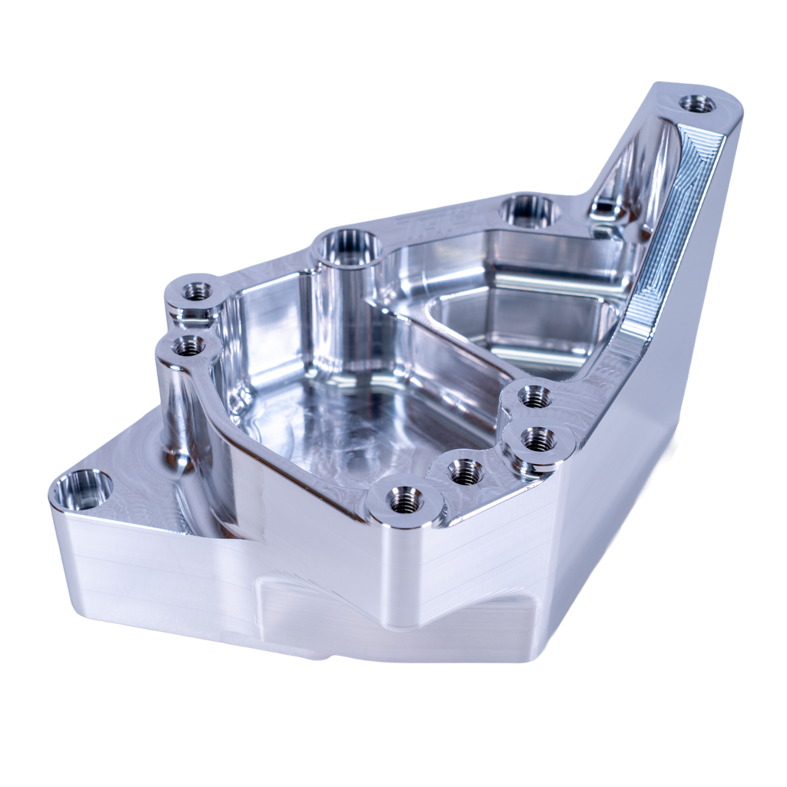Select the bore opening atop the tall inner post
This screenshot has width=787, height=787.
tap(350, 247)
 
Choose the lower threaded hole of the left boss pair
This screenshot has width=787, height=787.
tap(187, 347)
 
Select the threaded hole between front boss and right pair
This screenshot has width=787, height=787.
tap(463, 471)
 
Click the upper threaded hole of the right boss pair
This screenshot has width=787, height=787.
tap(534, 397)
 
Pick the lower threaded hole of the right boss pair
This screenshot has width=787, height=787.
tap(539, 440)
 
